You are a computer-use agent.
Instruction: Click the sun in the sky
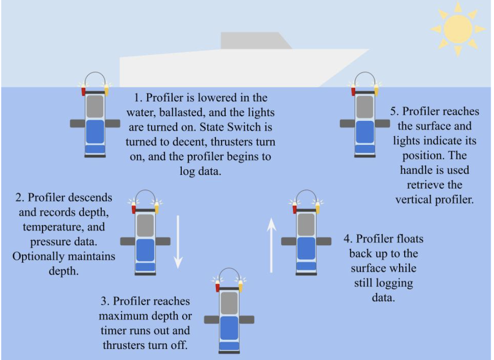[x=457, y=29]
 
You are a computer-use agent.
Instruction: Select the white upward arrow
[x=272, y=246]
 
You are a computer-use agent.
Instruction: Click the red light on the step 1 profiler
[x=84, y=91]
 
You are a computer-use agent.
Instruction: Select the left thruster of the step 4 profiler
[x=289, y=241]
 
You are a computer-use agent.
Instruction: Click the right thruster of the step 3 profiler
[x=246, y=320]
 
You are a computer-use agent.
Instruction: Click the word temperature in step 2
[x=68, y=227]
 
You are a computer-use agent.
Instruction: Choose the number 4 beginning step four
[x=347, y=239]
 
